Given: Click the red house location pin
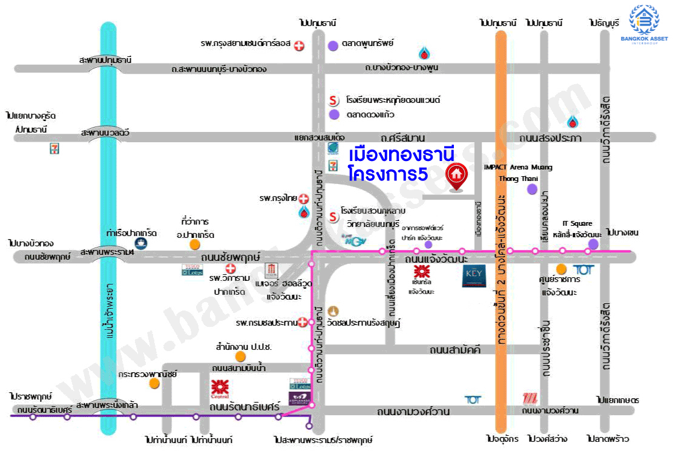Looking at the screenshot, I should [456, 176].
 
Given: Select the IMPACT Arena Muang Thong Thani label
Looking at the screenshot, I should [517, 173].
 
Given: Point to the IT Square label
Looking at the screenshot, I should [577, 223].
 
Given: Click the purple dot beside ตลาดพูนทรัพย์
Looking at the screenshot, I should [333, 45].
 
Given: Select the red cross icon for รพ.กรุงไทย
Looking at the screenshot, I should [304, 199].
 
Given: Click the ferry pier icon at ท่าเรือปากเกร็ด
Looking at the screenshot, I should [141, 243].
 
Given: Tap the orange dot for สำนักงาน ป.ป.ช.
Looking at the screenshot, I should [241, 357].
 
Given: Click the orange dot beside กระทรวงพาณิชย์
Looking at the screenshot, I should [155, 383].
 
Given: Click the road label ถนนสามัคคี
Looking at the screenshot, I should [455, 350].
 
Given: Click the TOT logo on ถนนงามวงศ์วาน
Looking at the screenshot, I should [473, 399].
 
